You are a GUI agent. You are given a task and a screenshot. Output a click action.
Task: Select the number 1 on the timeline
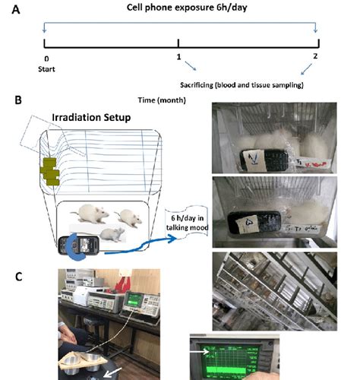click(178, 58)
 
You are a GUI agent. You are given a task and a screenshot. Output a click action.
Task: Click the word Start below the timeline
click(48, 67)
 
